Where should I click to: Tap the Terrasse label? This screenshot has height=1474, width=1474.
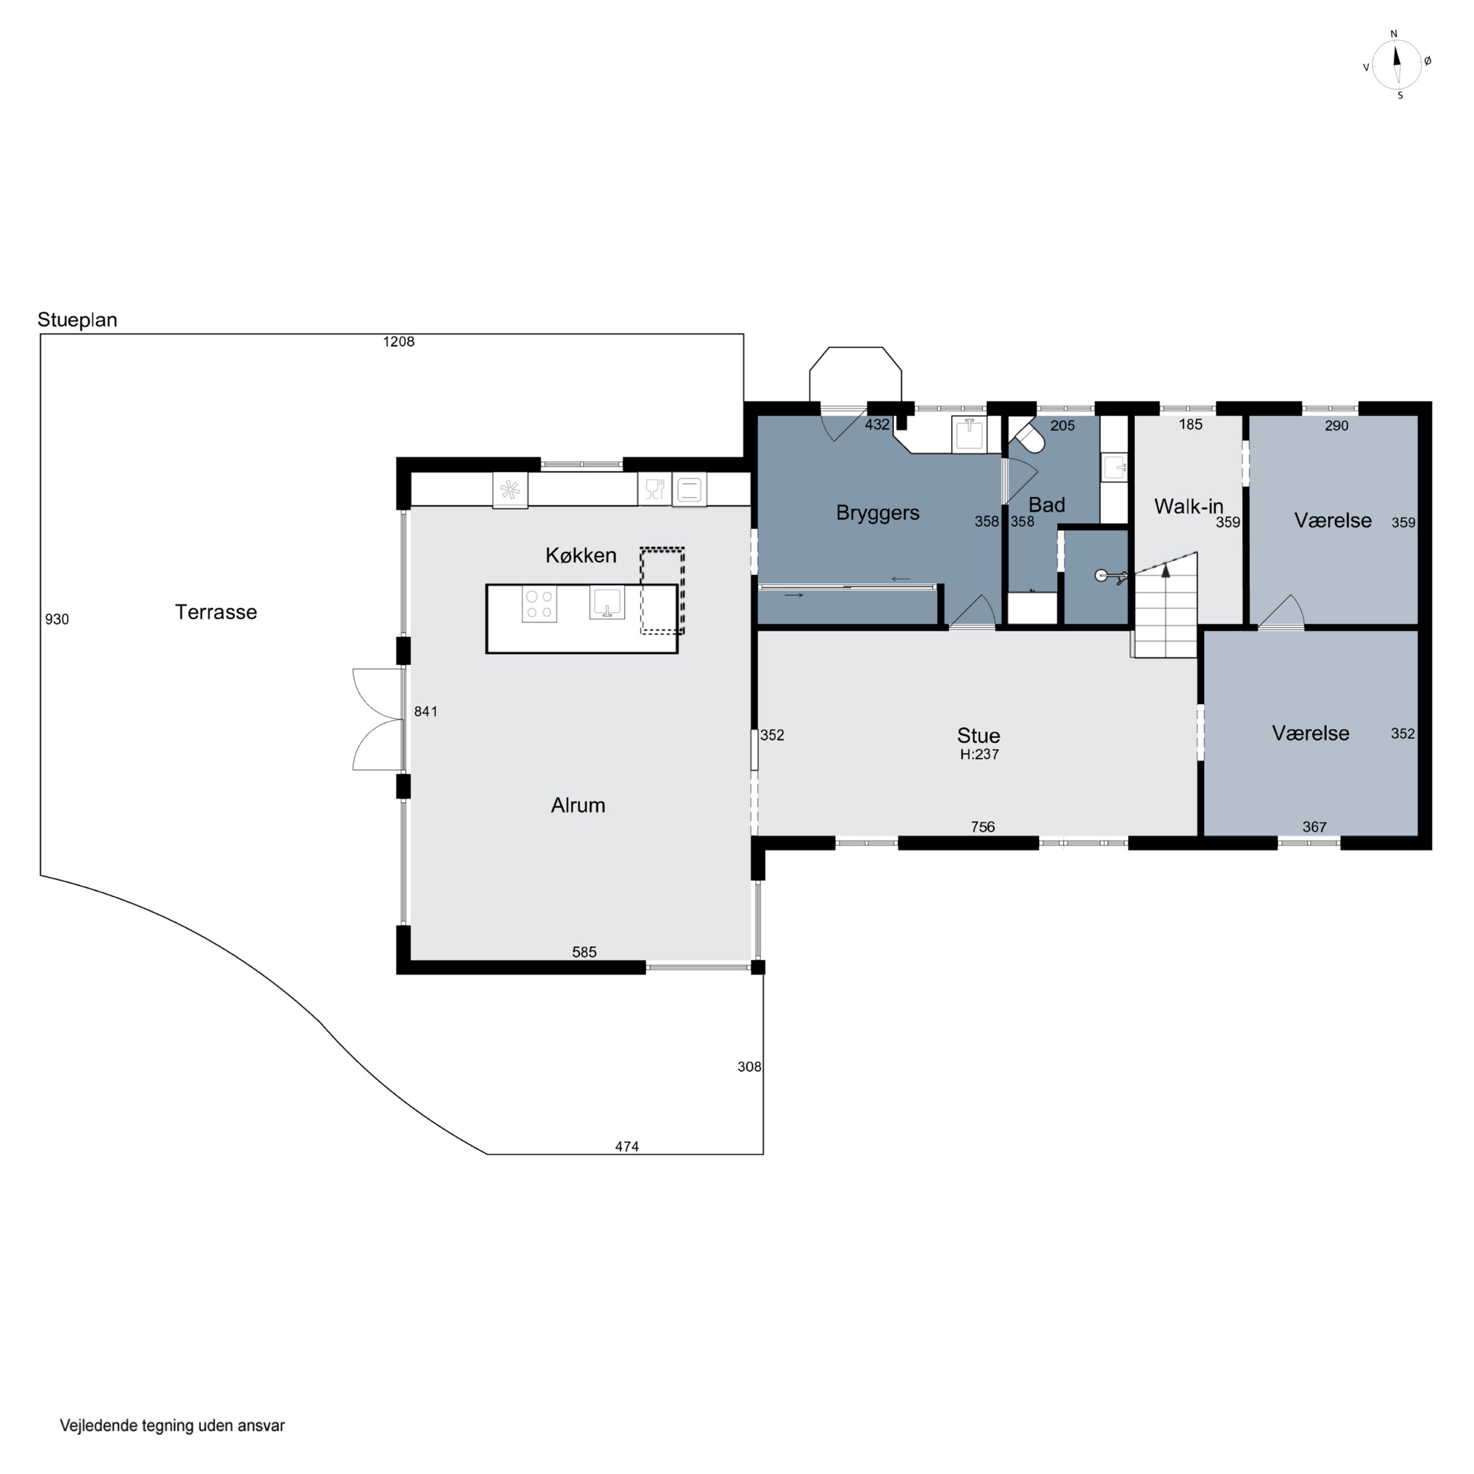[216, 612]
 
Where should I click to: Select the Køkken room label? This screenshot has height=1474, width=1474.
[581, 555]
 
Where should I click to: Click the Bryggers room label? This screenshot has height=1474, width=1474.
[878, 512]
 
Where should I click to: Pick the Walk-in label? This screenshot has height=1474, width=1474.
[1189, 506]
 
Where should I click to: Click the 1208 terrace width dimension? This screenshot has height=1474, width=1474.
[398, 342]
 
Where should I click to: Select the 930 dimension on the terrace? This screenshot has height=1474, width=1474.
[57, 620]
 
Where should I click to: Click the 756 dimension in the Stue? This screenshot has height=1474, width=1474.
[983, 826]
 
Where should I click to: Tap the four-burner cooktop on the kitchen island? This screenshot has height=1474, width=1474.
[539, 605]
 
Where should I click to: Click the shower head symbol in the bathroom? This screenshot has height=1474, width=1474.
[1101, 575]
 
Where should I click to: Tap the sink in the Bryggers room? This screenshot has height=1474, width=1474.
[969, 435]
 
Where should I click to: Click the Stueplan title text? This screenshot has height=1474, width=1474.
[77, 320]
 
